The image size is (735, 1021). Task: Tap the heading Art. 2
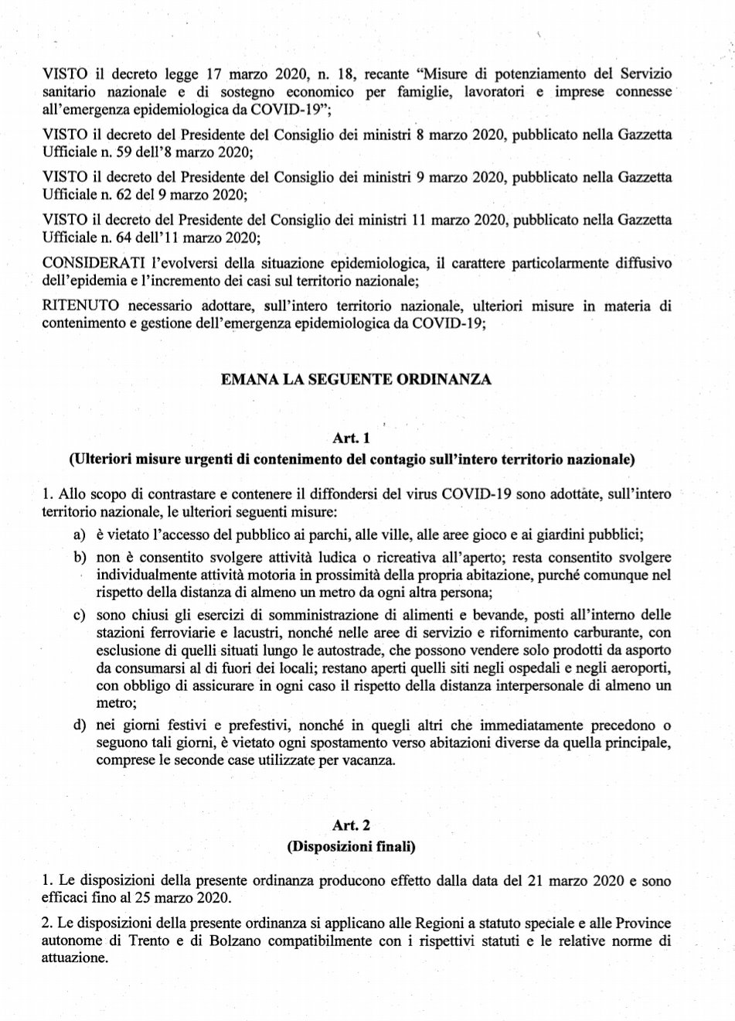(352, 826)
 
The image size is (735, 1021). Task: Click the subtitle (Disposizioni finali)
(352, 847)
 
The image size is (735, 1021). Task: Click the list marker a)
(79, 535)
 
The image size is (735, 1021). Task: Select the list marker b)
(79, 557)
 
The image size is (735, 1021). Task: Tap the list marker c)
(79, 615)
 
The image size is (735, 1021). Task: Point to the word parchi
(307, 535)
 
